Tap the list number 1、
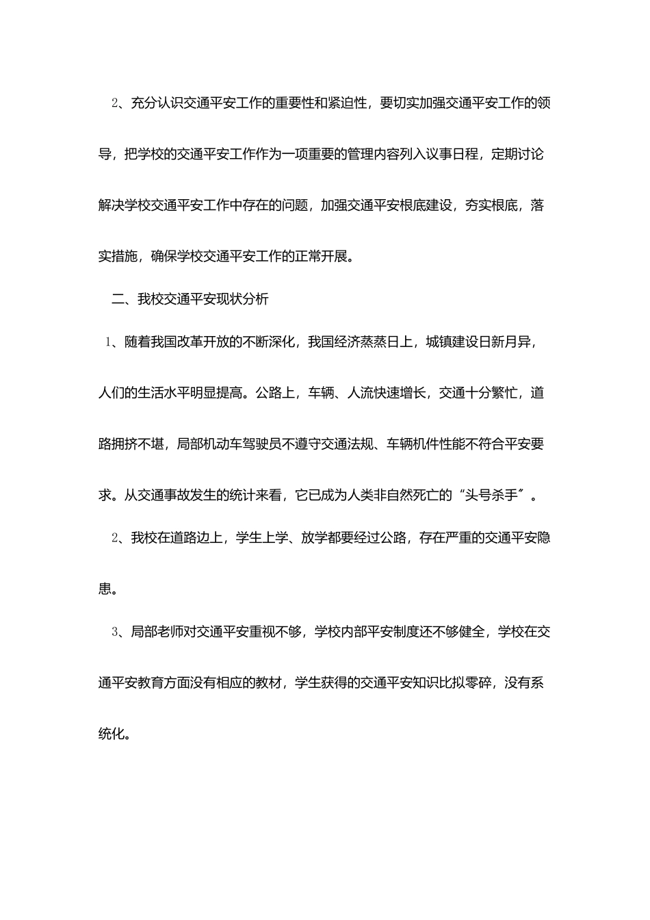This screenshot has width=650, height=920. tap(113, 342)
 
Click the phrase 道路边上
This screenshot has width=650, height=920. tap(196, 538)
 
